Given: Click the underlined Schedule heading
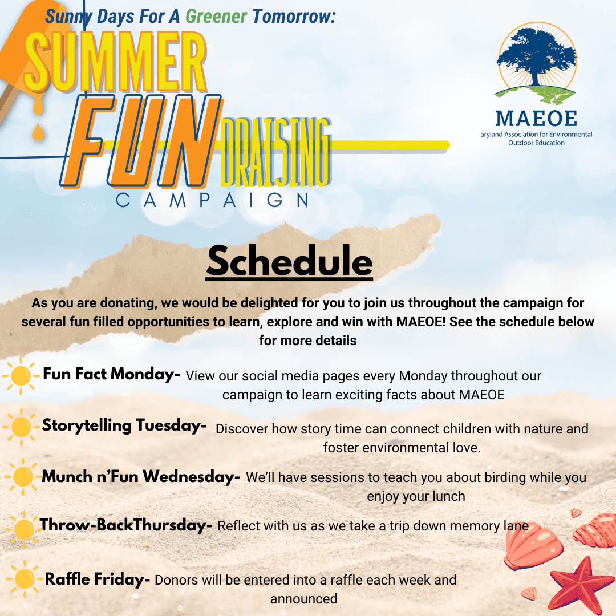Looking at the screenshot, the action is tap(289, 261).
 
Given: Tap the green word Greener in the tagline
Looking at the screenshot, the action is tap(216, 17).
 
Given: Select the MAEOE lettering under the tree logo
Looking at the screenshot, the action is tap(536, 118).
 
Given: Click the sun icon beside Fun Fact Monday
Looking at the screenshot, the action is tap(21, 376).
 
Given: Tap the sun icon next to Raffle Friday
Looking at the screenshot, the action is tap(25, 579).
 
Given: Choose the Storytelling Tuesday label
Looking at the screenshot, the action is tap(124, 425).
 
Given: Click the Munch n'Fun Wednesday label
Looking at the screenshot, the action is tap(141, 476).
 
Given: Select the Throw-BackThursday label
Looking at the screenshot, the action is tap(125, 525).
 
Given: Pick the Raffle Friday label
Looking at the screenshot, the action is tap(98, 579).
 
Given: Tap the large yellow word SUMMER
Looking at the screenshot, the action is tap(115, 62).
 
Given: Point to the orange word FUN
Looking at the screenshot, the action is tap(141, 141).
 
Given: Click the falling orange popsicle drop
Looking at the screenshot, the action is tap(38, 132).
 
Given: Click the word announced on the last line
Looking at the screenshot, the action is tap(303, 599).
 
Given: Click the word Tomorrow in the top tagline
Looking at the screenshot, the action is tap(294, 17).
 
